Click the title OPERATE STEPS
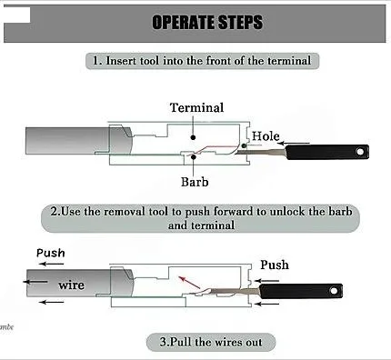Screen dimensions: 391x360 tap(207, 22)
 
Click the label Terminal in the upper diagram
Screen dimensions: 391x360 tap(196, 107)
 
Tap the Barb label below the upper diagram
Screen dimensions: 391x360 tap(195, 182)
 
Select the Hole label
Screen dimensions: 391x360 tap(266, 136)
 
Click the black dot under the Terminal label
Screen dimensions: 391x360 tap(193, 137)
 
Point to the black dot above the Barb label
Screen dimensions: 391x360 tap(193, 157)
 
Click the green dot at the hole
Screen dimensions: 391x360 tap(244, 146)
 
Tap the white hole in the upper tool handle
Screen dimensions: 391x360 tap(360, 151)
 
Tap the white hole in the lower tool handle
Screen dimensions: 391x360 tap(334, 291)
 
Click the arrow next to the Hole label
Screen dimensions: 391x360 tap(294, 144)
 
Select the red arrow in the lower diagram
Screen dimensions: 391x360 tap(189, 283)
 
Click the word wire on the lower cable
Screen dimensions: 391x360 tap(72, 285)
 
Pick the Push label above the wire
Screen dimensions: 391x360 tap(51, 253)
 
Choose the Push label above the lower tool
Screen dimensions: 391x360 tap(275, 265)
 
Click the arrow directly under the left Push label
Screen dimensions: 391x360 tap(51, 264)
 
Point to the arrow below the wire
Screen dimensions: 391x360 tap(52, 302)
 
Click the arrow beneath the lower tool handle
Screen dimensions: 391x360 tap(266, 304)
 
